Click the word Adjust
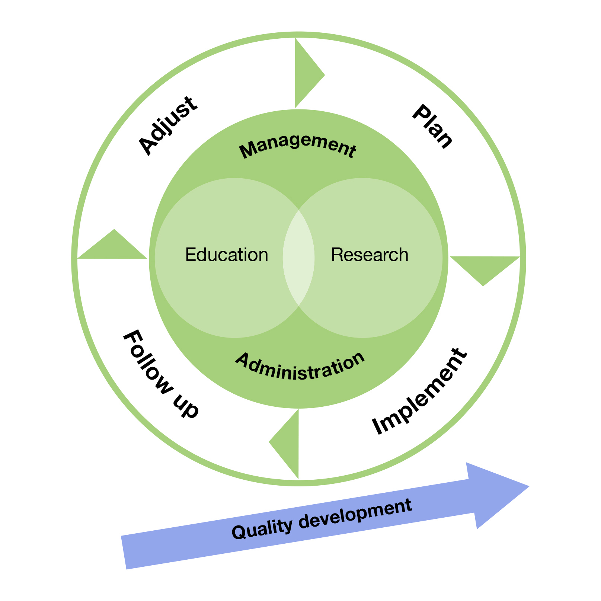(x=167, y=126)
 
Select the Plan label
(x=433, y=127)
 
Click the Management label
(x=298, y=146)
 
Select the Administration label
(x=300, y=366)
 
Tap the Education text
(x=227, y=255)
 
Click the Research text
(x=370, y=255)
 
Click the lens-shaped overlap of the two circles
(x=299, y=258)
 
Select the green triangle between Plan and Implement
(x=484, y=267)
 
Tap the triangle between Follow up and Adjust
(x=114, y=248)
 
